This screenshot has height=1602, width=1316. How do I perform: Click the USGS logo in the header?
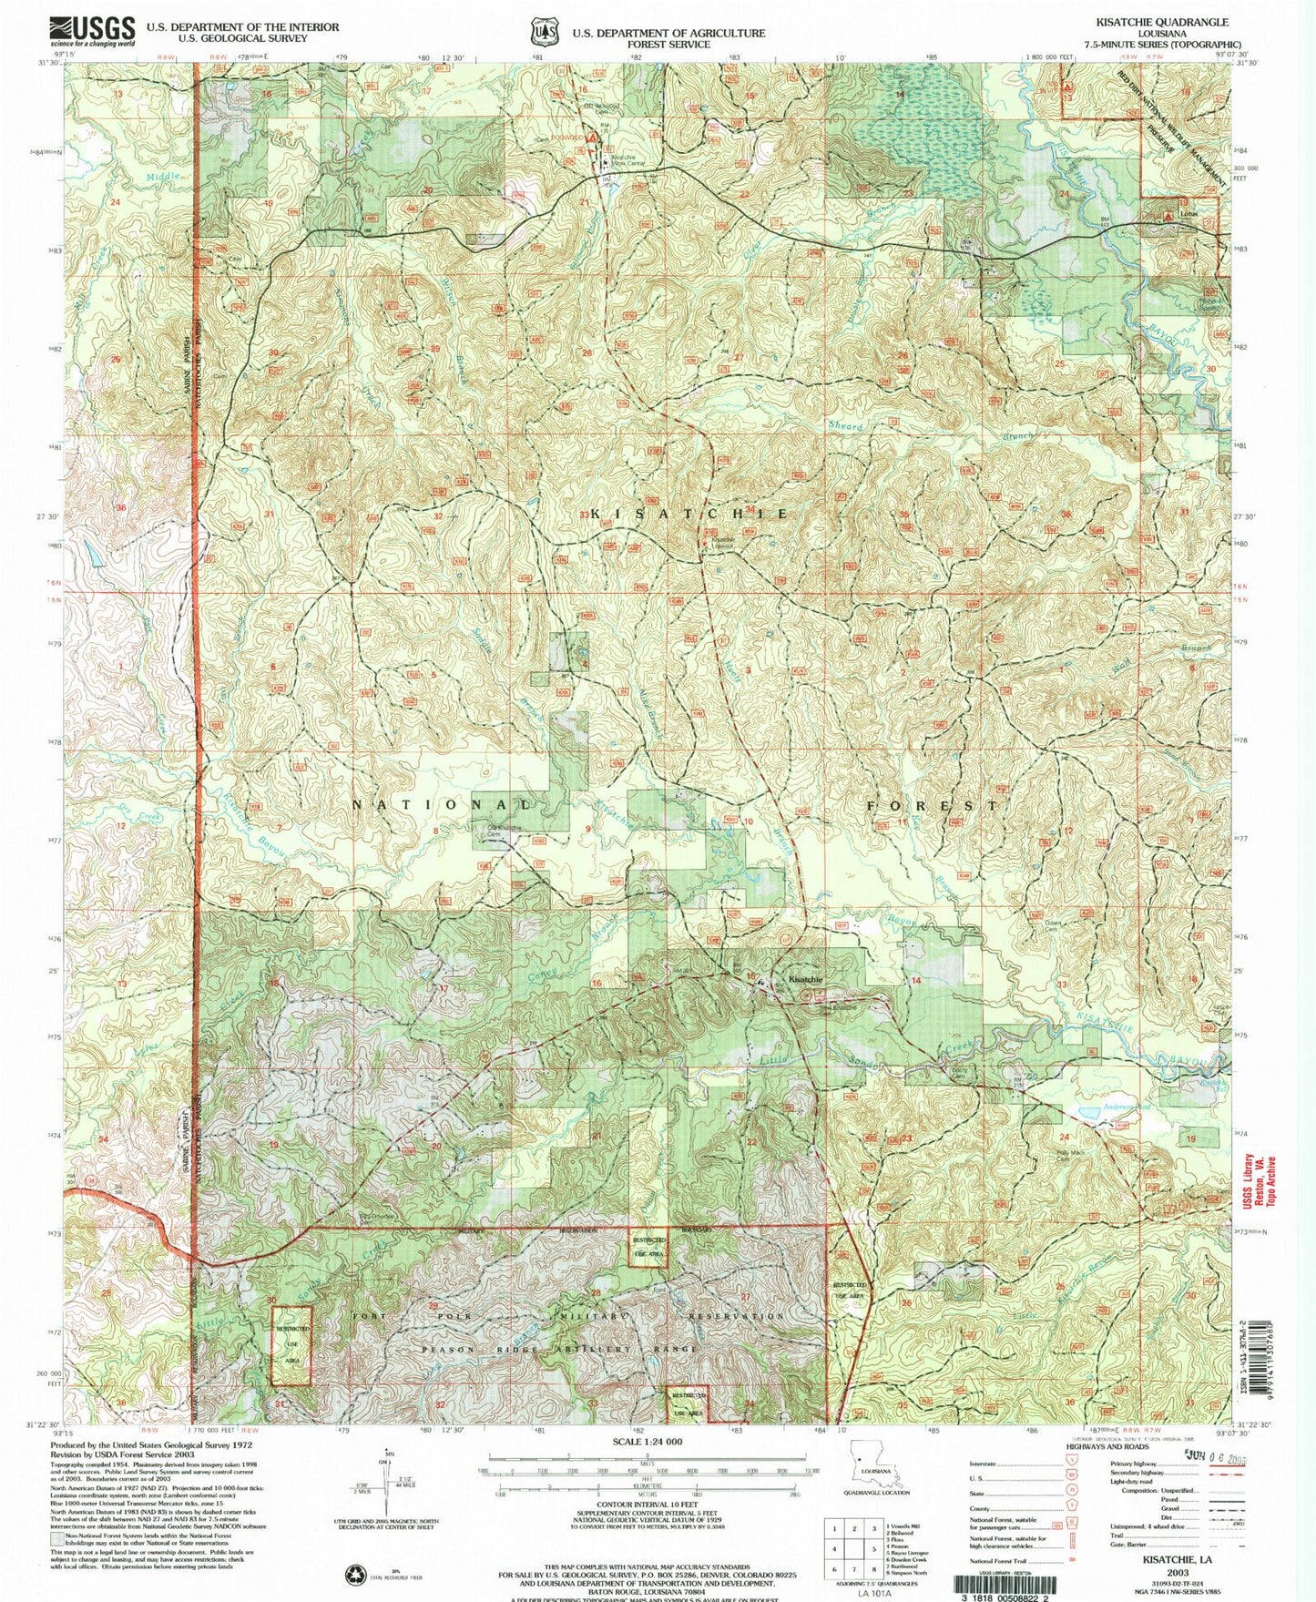point(92,31)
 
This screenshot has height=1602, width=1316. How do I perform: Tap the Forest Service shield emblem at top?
point(544,33)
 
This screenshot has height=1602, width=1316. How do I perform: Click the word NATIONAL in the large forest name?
point(442,805)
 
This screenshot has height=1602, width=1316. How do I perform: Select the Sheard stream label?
point(845,425)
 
